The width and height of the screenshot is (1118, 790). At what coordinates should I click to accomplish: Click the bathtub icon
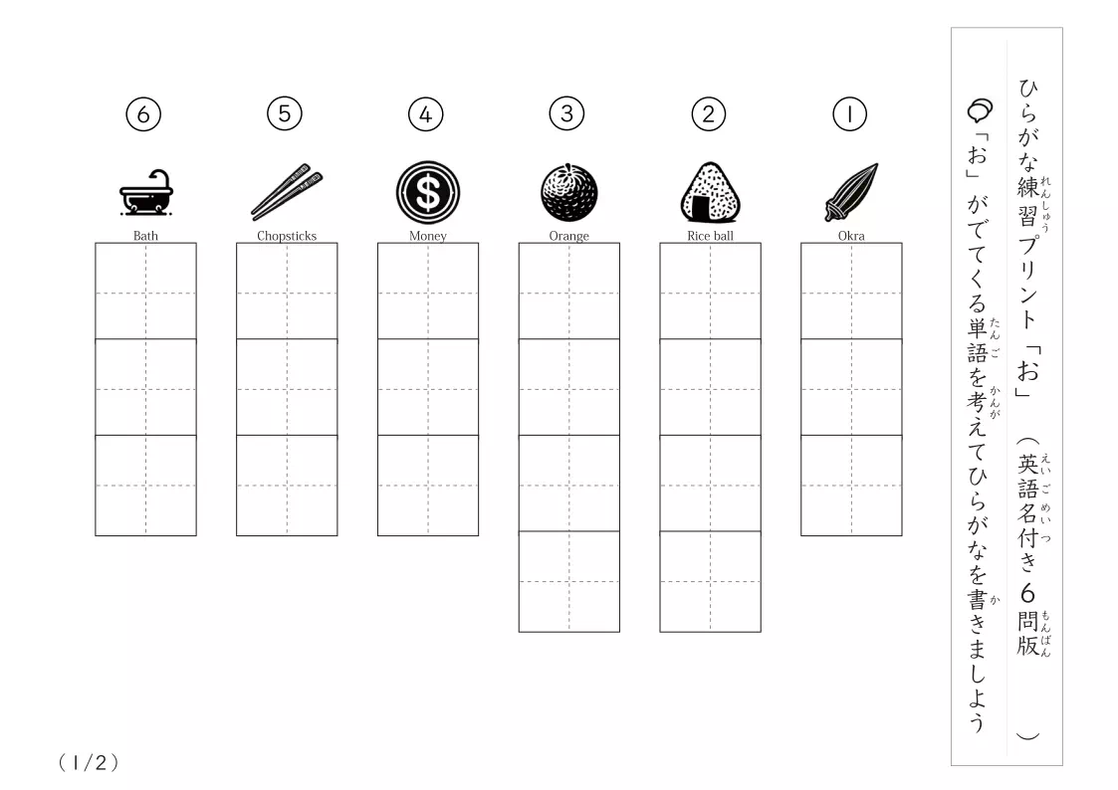point(146,192)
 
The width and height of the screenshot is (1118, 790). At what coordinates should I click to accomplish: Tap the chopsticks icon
point(287,192)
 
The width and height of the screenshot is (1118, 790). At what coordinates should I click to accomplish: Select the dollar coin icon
point(428,192)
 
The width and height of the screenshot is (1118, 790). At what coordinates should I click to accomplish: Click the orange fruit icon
point(569,192)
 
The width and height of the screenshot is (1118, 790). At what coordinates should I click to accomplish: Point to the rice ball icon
point(710,192)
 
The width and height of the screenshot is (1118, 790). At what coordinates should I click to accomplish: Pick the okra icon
point(851,192)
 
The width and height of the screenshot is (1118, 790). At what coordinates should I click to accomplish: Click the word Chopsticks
point(287,236)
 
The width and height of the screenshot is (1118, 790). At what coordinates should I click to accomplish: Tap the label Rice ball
point(710,236)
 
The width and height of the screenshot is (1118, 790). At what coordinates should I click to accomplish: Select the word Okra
point(851,236)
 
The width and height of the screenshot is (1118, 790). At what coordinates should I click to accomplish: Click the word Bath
point(145,236)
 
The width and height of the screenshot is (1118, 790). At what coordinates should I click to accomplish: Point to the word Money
point(428,236)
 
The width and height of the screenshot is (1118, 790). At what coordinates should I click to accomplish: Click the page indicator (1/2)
point(89,763)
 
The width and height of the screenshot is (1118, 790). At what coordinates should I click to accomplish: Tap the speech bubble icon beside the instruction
point(980,110)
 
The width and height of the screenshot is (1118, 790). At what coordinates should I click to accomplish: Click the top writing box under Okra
point(851,292)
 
